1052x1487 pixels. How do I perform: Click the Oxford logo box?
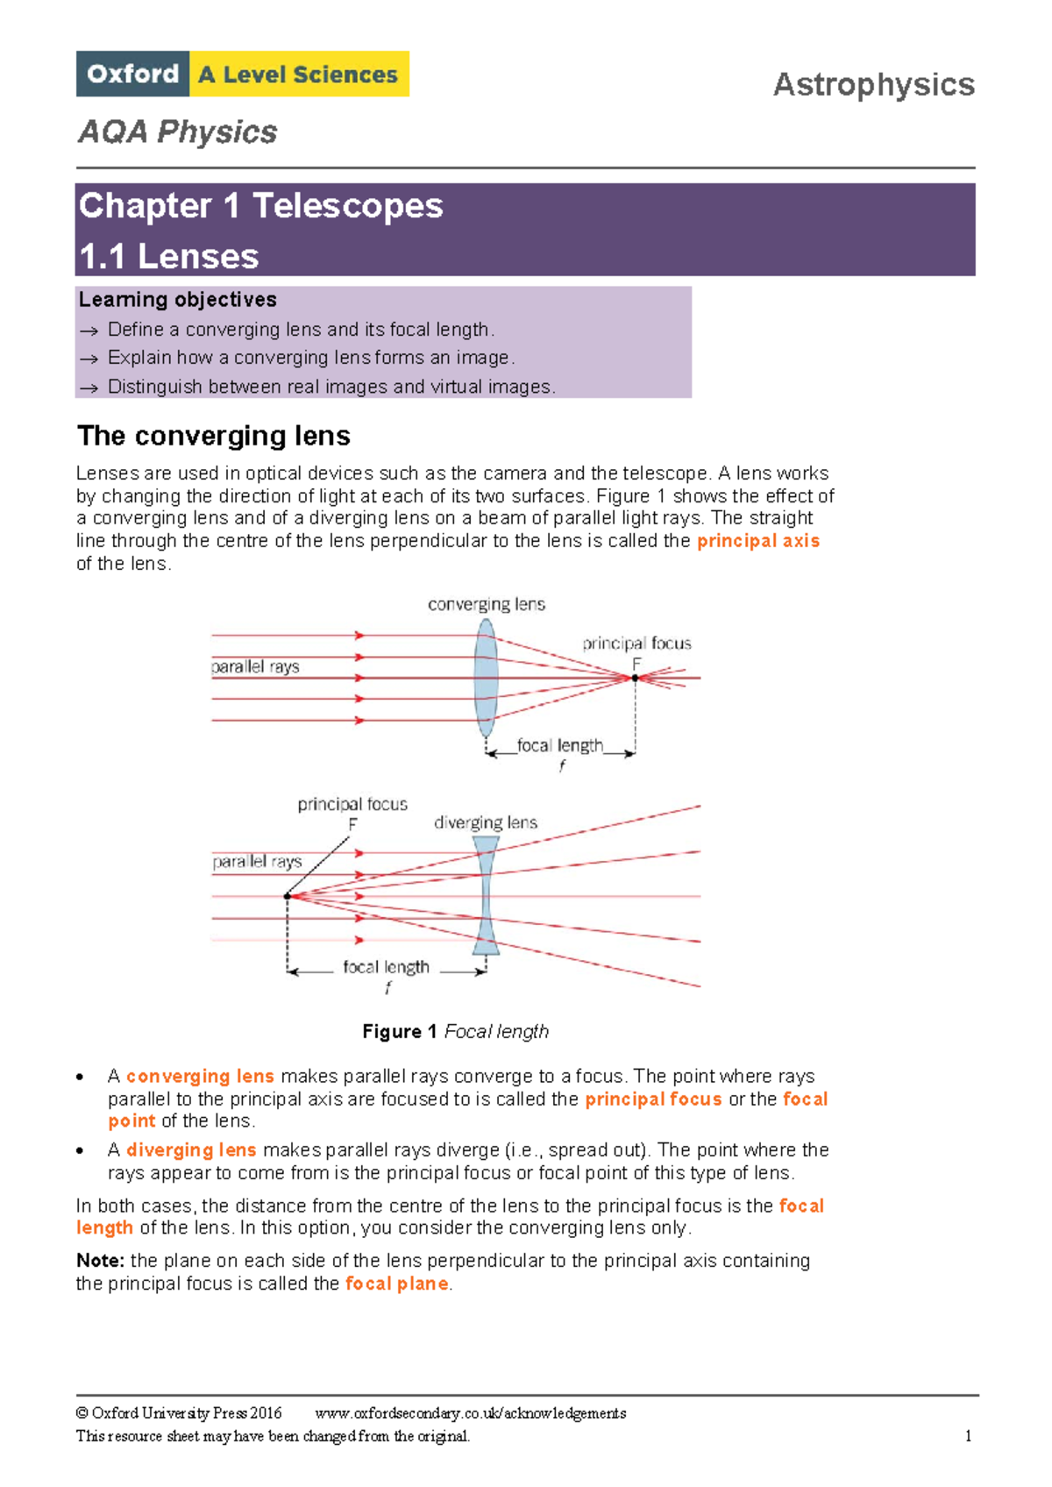[132, 74]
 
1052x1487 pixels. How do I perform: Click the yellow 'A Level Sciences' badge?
[299, 75]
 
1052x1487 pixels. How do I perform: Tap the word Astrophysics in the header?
[873, 85]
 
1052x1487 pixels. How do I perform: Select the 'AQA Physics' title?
[178, 132]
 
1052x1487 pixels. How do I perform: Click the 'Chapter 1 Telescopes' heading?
[261, 206]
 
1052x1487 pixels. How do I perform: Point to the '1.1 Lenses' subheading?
[168, 257]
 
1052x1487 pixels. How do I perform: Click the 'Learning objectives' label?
[178, 300]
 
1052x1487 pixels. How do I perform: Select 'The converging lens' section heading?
[214, 436]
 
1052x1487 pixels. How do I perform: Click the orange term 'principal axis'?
[758, 541]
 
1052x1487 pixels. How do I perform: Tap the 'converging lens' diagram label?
[486, 604]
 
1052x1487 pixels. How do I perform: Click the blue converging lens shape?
[486, 678]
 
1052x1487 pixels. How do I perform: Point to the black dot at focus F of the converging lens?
[635, 678]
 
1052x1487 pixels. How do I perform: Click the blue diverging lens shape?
[486, 895]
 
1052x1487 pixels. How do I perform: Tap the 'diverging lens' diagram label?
[486, 822]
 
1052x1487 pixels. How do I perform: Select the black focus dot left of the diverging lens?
[287, 896]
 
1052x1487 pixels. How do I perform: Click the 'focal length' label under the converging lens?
[559, 745]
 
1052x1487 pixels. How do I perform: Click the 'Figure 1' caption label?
[400, 1032]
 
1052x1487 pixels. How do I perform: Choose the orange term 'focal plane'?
[397, 1284]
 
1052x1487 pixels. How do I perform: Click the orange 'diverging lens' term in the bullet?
[191, 1149]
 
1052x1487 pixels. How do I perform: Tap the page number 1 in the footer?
[968, 1436]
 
